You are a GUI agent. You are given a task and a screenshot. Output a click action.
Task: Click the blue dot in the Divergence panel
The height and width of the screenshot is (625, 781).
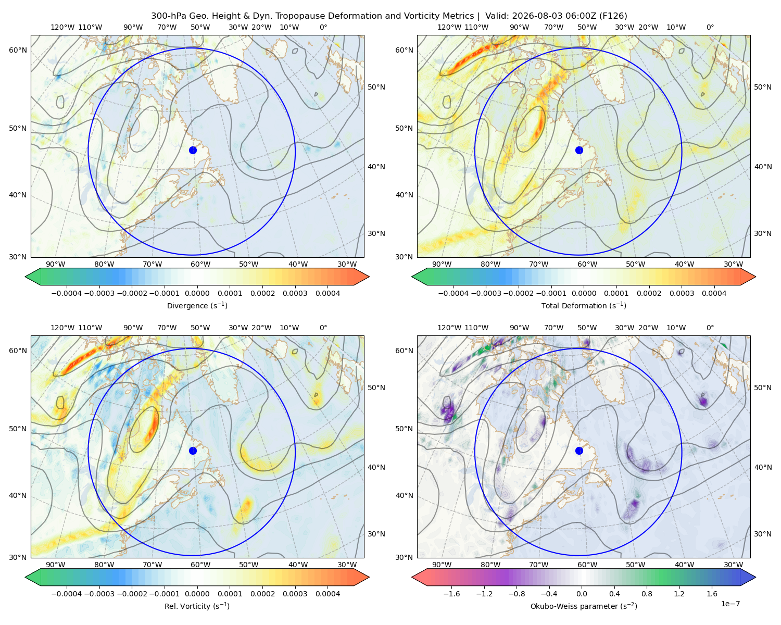click(193, 150)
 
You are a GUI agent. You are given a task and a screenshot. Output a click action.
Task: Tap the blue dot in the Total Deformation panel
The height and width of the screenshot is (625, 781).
click(579, 150)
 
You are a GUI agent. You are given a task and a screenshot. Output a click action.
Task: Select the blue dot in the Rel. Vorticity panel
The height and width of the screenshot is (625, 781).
click(193, 451)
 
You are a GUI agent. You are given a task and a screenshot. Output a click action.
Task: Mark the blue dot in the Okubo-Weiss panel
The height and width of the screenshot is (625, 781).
click(579, 451)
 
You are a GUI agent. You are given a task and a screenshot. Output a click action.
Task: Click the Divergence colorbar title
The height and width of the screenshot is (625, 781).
click(197, 305)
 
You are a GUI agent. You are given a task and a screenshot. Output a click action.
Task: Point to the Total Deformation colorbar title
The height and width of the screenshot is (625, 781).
click(584, 305)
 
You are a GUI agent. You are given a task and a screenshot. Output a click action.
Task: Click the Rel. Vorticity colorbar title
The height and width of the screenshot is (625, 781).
click(197, 606)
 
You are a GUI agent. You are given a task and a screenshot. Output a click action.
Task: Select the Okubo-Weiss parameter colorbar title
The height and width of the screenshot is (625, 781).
click(584, 606)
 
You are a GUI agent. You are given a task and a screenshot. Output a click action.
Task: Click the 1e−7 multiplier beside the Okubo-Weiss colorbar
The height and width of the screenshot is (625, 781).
click(730, 604)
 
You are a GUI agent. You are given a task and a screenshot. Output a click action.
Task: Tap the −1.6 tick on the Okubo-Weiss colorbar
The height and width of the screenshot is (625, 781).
click(451, 593)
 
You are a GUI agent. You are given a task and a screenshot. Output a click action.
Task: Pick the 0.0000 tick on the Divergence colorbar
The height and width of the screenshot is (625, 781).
click(197, 293)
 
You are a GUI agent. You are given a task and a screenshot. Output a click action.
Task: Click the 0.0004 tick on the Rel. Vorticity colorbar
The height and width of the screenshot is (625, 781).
click(327, 593)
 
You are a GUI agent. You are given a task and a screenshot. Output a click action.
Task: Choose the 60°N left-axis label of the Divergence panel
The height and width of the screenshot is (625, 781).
click(18, 50)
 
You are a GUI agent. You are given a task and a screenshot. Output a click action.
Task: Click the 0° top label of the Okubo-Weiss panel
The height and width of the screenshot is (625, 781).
click(710, 327)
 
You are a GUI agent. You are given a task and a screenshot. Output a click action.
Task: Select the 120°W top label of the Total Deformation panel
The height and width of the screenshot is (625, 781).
click(449, 27)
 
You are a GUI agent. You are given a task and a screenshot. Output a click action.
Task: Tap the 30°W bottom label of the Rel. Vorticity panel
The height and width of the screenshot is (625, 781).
click(347, 565)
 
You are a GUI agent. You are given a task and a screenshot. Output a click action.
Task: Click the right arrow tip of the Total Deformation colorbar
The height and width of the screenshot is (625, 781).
click(755, 277)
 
